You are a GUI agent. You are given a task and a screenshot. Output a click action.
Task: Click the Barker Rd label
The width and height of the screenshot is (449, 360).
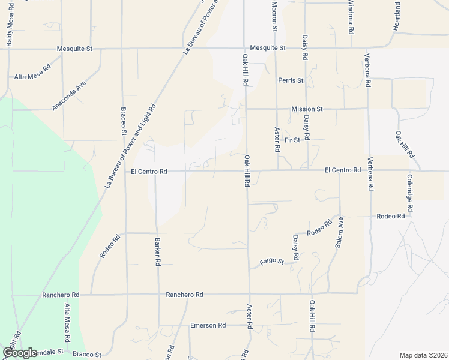coord(158,250)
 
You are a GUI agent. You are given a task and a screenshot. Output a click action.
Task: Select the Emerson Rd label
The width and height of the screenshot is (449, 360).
coord(208,325)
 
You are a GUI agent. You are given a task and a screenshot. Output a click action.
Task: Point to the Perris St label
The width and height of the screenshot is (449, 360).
coord(291,80)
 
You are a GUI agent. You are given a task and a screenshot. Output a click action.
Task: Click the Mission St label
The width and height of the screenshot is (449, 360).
coord(307,109)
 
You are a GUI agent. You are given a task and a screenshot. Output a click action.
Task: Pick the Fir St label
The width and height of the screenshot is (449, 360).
coord(292,140)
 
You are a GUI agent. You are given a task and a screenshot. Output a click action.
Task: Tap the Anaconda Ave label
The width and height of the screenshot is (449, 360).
coord(69,95)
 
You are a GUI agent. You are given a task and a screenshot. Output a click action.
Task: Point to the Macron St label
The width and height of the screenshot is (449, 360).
coord(274,15)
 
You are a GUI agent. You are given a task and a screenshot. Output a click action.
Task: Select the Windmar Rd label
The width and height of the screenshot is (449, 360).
coord(351,13)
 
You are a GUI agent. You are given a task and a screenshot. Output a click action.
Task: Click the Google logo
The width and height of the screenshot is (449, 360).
coord(20,352)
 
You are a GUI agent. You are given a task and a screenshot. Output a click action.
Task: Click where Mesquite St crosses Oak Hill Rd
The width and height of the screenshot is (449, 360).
coord(244,48)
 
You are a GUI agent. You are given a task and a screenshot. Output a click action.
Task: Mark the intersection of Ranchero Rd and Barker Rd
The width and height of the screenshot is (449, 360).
coord(158,295)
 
